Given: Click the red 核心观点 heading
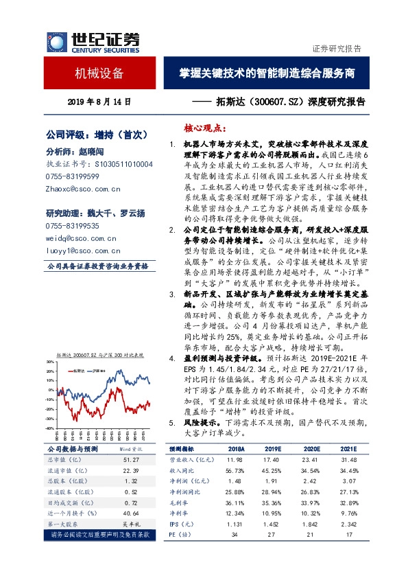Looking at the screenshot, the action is tap(204, 129).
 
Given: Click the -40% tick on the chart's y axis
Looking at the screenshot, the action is tap(50, 427).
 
